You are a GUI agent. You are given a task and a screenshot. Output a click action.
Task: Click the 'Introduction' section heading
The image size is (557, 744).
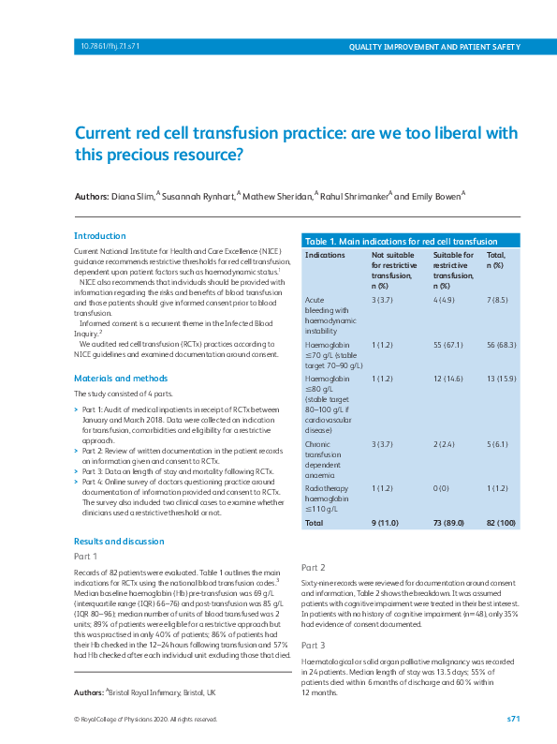pos(99,236)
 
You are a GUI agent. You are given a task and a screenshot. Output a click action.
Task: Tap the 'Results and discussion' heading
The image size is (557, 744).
pos(119,542)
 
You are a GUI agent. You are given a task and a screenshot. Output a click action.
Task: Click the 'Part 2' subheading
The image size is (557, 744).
pos(313,568)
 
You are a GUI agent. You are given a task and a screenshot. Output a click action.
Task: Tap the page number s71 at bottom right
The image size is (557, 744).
pos(513,719)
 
